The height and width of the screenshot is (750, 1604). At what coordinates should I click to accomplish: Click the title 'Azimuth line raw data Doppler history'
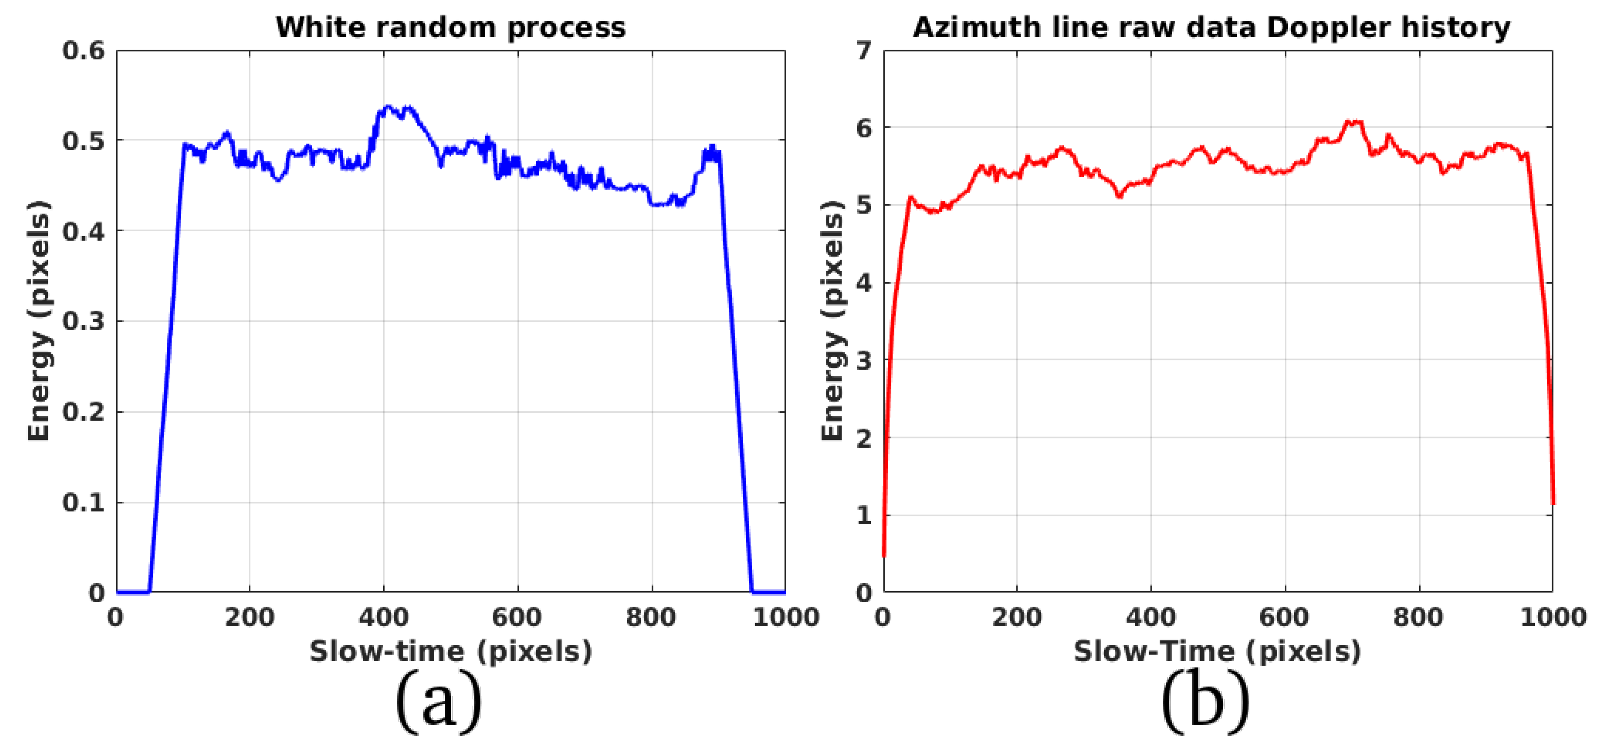(1211, 28)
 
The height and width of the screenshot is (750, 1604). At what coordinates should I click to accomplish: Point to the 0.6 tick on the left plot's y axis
(83, 51)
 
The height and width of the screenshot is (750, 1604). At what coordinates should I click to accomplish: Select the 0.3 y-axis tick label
(83, 321)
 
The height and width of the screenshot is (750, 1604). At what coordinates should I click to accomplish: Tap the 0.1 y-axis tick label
(83, 502)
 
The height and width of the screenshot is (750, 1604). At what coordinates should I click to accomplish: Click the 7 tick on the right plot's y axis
(864, 51)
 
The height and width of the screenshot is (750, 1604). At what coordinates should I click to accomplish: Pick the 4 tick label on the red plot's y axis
(864, 283)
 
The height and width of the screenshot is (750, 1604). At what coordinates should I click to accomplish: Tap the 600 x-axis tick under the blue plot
(517, 617)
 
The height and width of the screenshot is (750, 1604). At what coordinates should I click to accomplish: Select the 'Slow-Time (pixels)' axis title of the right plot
(1217, 651)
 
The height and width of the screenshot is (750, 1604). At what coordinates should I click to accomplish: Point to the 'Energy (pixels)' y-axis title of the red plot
(832, 321)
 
